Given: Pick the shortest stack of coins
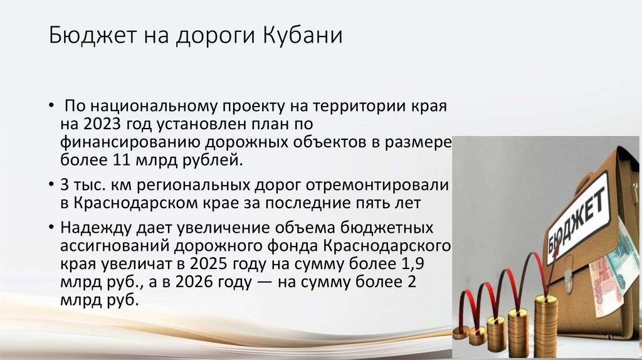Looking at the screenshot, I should point(460,332).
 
